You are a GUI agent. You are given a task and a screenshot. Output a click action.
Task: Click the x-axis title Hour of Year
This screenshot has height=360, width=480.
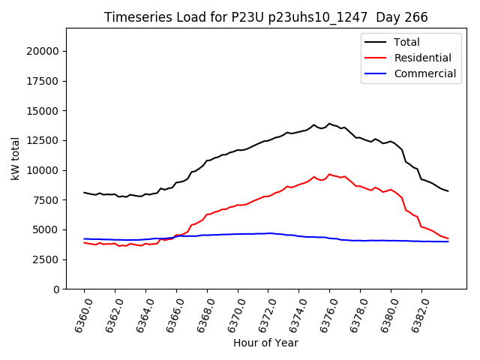click(265, 343)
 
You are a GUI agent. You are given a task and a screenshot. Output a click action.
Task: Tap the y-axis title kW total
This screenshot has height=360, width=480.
click(15, 159)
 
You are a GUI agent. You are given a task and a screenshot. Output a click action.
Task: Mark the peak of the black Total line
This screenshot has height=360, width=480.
click(329, 124)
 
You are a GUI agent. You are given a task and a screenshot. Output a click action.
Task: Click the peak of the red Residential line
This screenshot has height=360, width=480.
click(329, 174)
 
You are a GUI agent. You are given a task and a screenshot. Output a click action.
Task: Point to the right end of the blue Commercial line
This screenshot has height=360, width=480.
click(448, 241)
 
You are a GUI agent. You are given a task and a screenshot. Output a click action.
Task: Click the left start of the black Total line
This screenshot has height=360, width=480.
click(84, 193)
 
